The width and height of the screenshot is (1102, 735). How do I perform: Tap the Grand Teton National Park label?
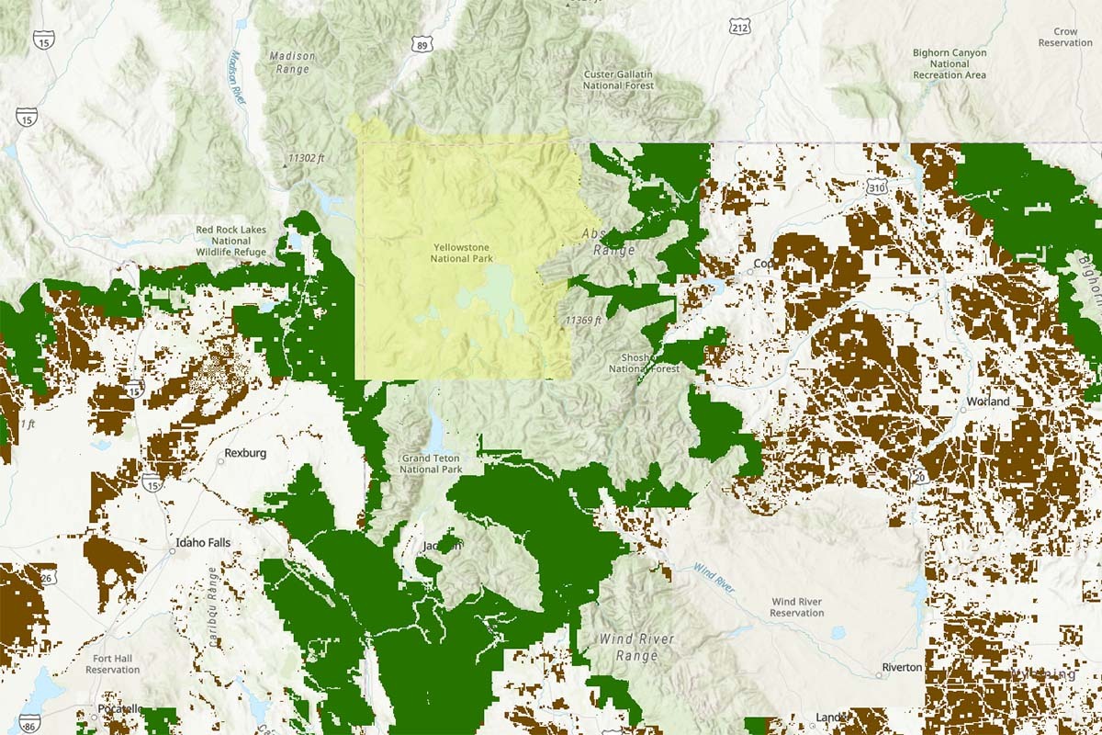pyautogui.click(x=431, y=463)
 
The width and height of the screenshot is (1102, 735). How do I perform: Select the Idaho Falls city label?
pyautogui.click(x=205, y=543)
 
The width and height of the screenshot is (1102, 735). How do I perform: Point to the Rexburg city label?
pyautogui.click(x=245, y=453)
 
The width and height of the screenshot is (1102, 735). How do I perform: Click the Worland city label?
pyautogui.click(x=987, y=401)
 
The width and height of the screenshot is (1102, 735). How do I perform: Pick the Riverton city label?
pyautogui.click(x=901, y=667)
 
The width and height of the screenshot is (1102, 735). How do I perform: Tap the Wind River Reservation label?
pyautogui.click(x=796, y=607)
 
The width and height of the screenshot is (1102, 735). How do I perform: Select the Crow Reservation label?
pyautogui.click(x=1065, y=37)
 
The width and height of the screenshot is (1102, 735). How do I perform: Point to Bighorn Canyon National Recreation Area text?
pyautogui.click(x=949, y=64)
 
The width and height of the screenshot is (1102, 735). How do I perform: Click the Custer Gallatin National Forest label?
pyautogui.click(x=618, y=80)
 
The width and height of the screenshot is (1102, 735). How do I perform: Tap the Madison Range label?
pyautogui.click(x=292, y=62)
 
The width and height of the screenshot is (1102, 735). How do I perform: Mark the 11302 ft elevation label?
pyautogui.click(x=306, y=158)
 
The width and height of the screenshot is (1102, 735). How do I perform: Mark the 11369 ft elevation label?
pyautogui.click(x=583, y=321)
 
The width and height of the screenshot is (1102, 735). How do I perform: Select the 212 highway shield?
pyautogui.click(x=740, y=28)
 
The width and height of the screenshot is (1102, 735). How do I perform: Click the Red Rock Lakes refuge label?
pyautogui.click(x=231, y=241)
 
